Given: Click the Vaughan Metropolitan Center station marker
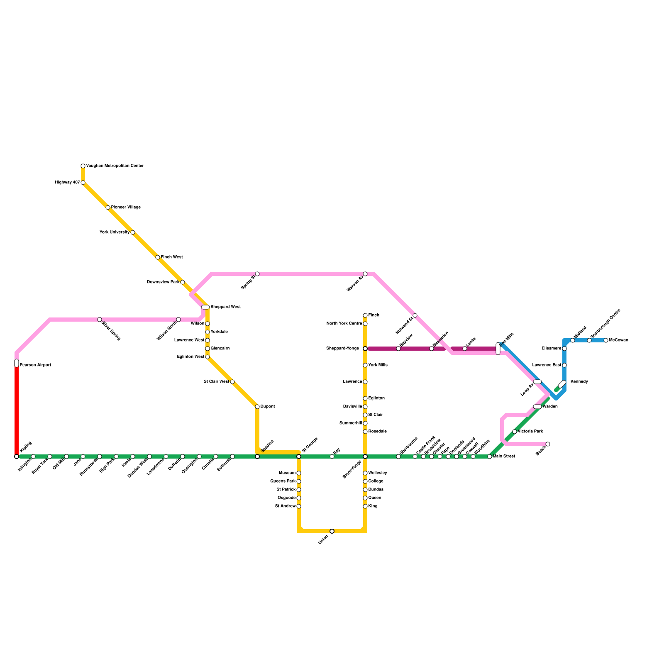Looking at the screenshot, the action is [83, 166].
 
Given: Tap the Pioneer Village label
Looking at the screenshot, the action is [126, 207].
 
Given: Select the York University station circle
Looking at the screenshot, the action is [133, 232].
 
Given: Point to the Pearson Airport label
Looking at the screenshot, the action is [35, 365].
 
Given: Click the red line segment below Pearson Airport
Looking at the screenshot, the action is [17, 411].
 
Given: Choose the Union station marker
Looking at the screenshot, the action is [332, 531].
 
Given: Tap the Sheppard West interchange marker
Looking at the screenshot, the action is [205, 307].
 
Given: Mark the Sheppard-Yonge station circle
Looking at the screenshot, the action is [365, 349].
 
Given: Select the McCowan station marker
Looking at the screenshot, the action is [606, 340].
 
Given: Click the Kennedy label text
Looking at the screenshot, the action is [579, 382].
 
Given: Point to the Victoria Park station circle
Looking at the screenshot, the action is [515, 432].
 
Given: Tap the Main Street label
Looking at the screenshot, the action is [504, 456].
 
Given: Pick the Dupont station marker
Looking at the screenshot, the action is [257, 407].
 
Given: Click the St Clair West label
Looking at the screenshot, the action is [216, 382].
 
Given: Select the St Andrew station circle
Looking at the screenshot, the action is [299, 506].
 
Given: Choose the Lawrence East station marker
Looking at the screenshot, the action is [564, 365].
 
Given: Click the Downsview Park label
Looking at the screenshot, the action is [163, 282].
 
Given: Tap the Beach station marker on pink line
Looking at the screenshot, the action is [548, 444].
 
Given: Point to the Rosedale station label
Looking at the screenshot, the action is [377, 432].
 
